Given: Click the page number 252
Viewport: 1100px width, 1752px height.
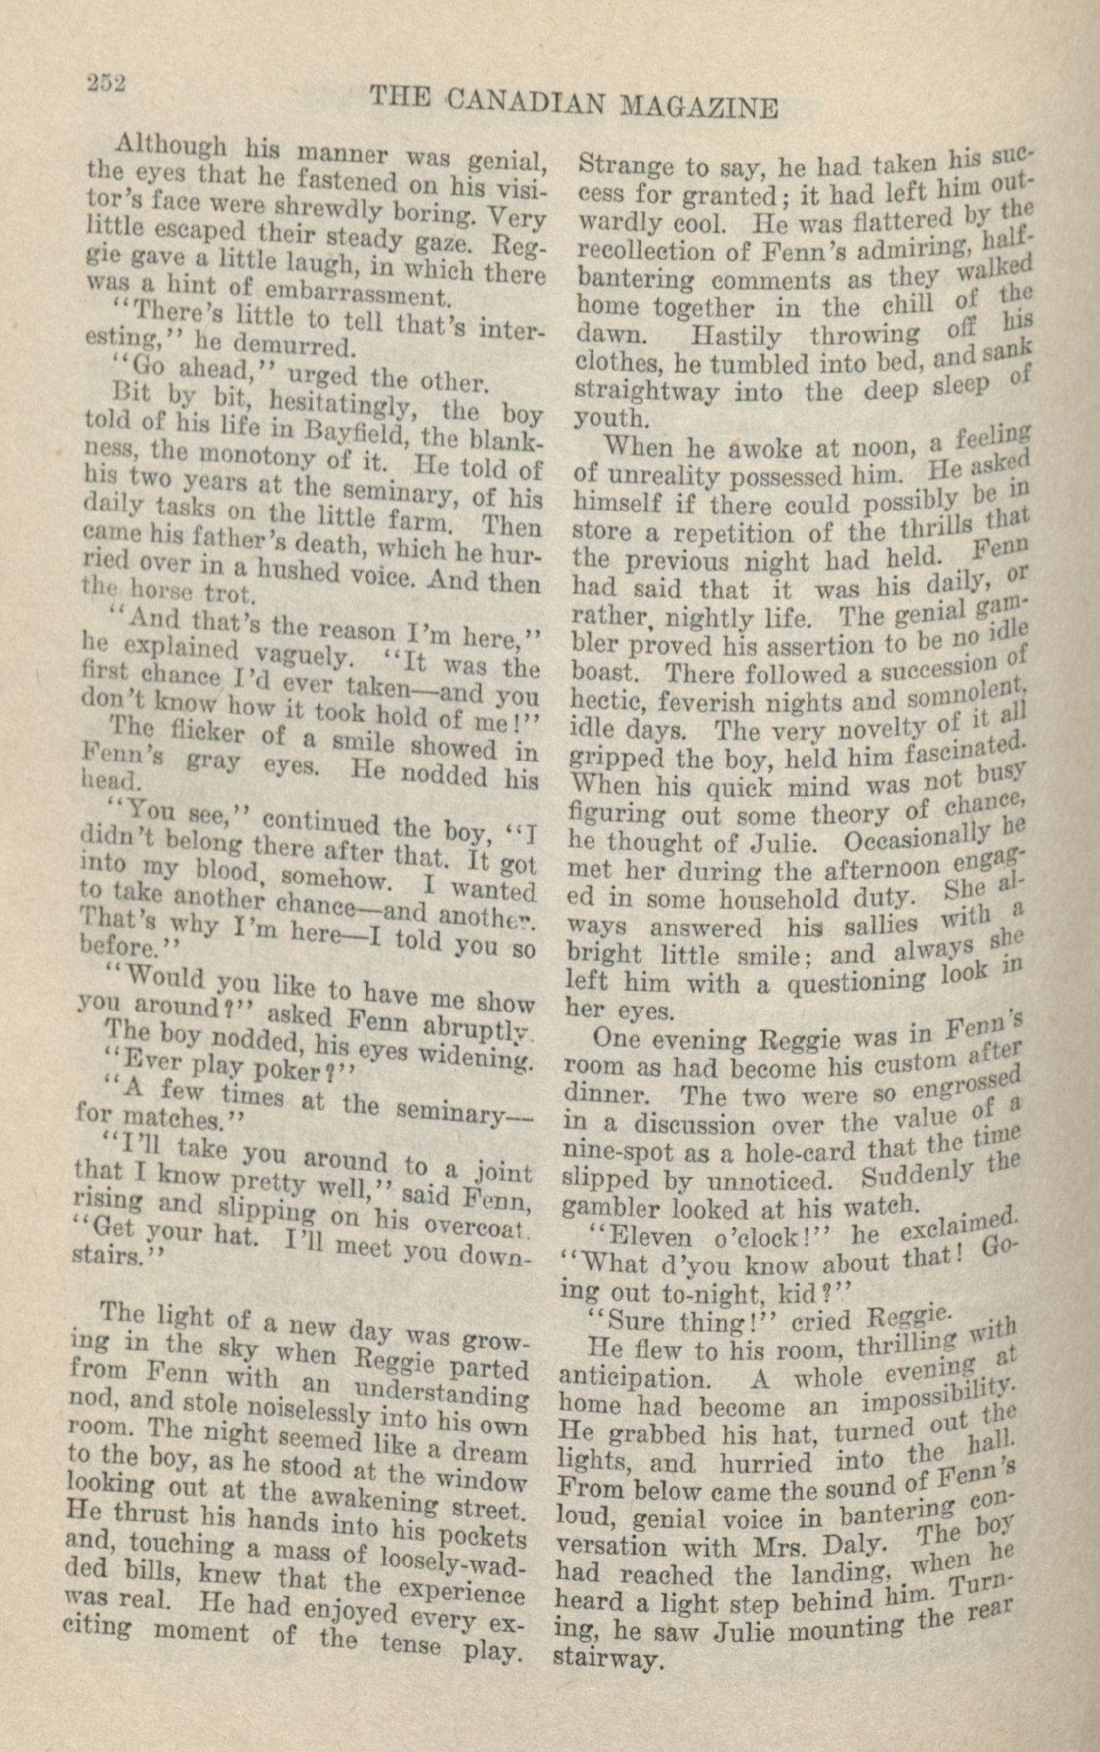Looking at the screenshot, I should [106, 83].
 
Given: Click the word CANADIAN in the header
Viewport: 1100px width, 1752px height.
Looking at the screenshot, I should [525, 102].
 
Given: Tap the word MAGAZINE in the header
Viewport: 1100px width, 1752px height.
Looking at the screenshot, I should [698, 108].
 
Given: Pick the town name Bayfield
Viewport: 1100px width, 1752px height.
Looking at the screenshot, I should [357, 433].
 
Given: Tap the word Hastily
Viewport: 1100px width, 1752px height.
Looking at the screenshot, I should [735, 336].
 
